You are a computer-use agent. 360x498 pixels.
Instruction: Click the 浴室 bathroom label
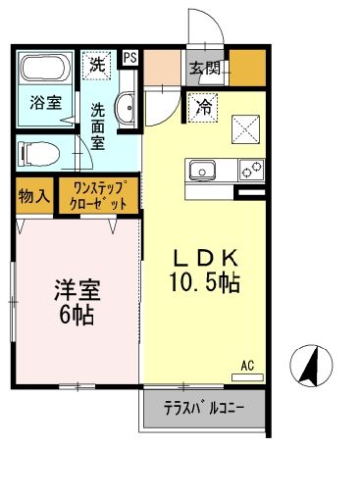(42, 102)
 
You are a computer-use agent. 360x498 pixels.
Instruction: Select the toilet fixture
(36, 152)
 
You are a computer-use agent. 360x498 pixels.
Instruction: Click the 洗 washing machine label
(97, 66)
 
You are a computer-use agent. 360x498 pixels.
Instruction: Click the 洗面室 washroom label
(100, 125)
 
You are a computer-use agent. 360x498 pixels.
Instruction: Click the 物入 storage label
(33, 196)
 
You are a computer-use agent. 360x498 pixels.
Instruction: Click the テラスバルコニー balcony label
(203, 407)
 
